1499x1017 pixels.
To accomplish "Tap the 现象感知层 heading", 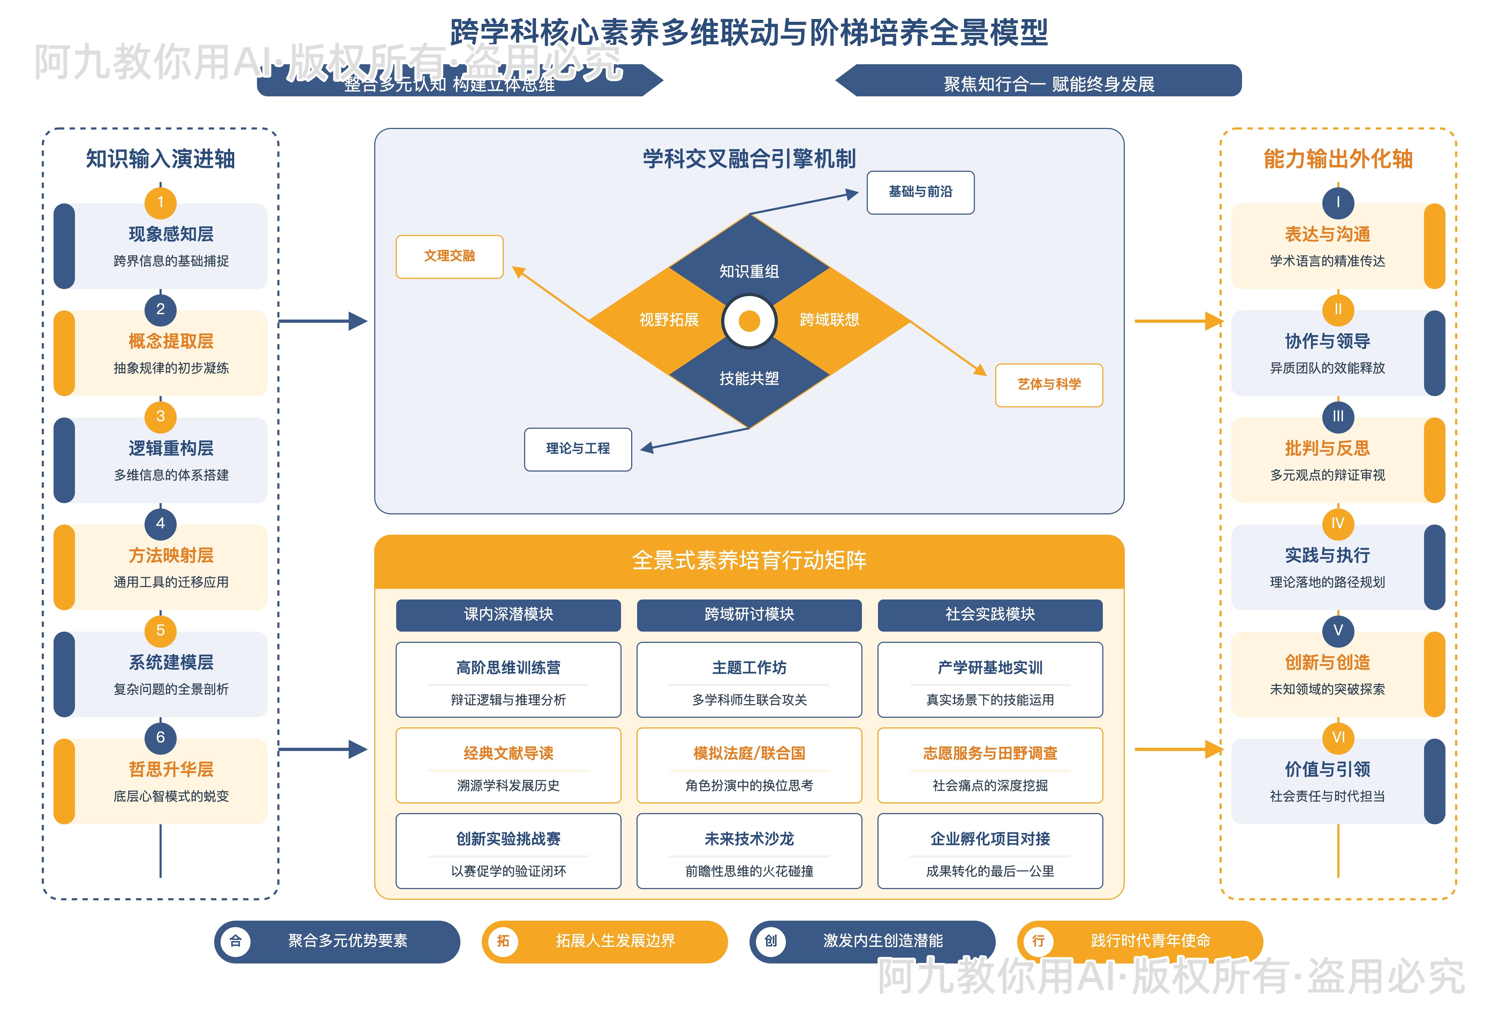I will [x=171, y=234].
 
